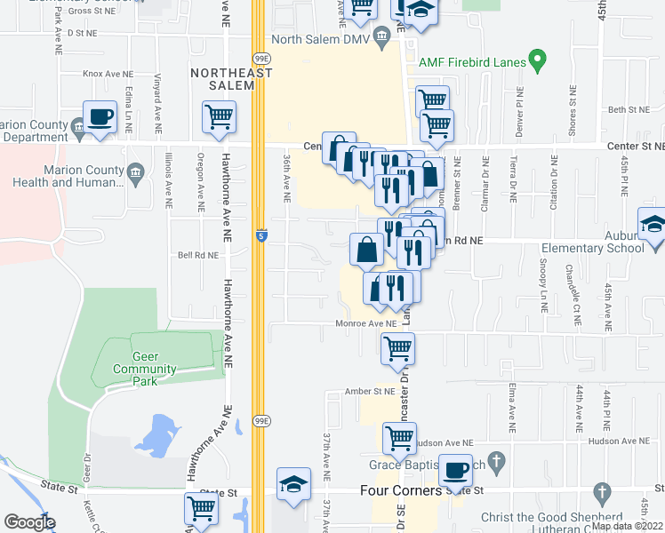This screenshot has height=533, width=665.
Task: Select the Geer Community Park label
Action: [x=146, y=369]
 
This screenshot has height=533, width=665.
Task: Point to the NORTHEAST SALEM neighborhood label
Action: [x=228, y=78]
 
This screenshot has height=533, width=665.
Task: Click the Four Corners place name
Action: [x=400, y=490]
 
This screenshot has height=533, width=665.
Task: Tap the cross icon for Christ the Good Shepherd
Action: [x=601, y=491]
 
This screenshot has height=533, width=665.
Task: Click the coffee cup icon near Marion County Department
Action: [x=100, y=116]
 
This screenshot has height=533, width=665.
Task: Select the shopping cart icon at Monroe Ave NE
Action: [x=397, y=347]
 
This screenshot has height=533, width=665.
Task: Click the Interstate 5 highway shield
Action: [x=260, y=236]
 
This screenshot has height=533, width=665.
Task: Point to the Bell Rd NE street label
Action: [x=197, y=254]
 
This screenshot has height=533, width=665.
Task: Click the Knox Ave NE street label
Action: [x=108, y=73]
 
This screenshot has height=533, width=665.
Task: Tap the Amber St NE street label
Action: [x=371, y=391]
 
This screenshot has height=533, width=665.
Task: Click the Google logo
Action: [x=29, y=522]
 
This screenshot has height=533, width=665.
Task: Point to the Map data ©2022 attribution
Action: [x=628, y=526]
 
